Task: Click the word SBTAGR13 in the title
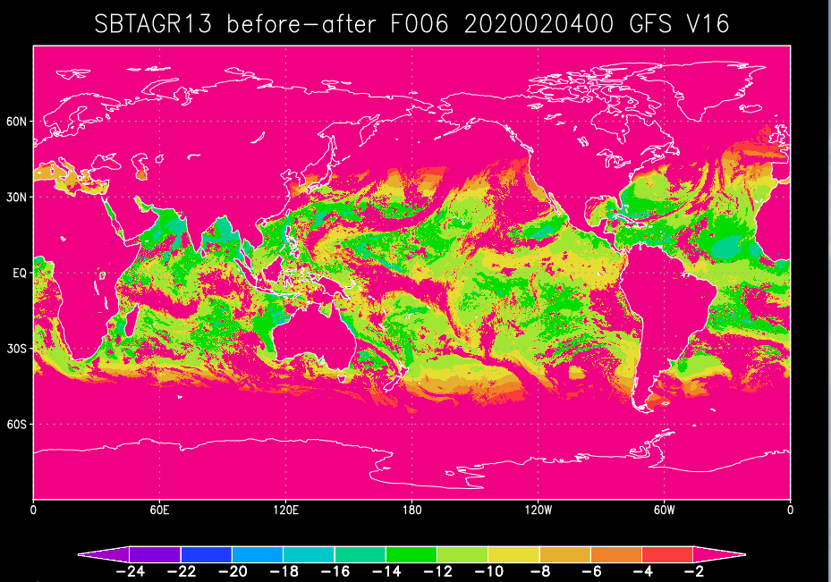pyautogui.click(x=153, y=24)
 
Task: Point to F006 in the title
pyautogui.click(x=422, y=24)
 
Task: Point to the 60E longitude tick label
pyautogui.click(x=159, y=510)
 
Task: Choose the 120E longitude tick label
pyautogui.click(x=285, y=510)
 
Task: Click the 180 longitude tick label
pyautogui.click(x=411, y=510)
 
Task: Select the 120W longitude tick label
pyautogui.click(x=538, y=510)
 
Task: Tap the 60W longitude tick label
pyautogui.click(x=664, y=510)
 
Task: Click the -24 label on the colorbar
pyautogui.click(x=129, y=573)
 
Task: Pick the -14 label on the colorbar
pyautogui.click(x=385, y=573)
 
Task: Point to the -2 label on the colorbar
pyautogui.click(x=693, y=573)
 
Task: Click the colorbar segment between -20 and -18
pyautogui.click(x=257, y=554)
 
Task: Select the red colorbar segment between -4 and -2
pyautogui.click(x=667, y=554)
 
